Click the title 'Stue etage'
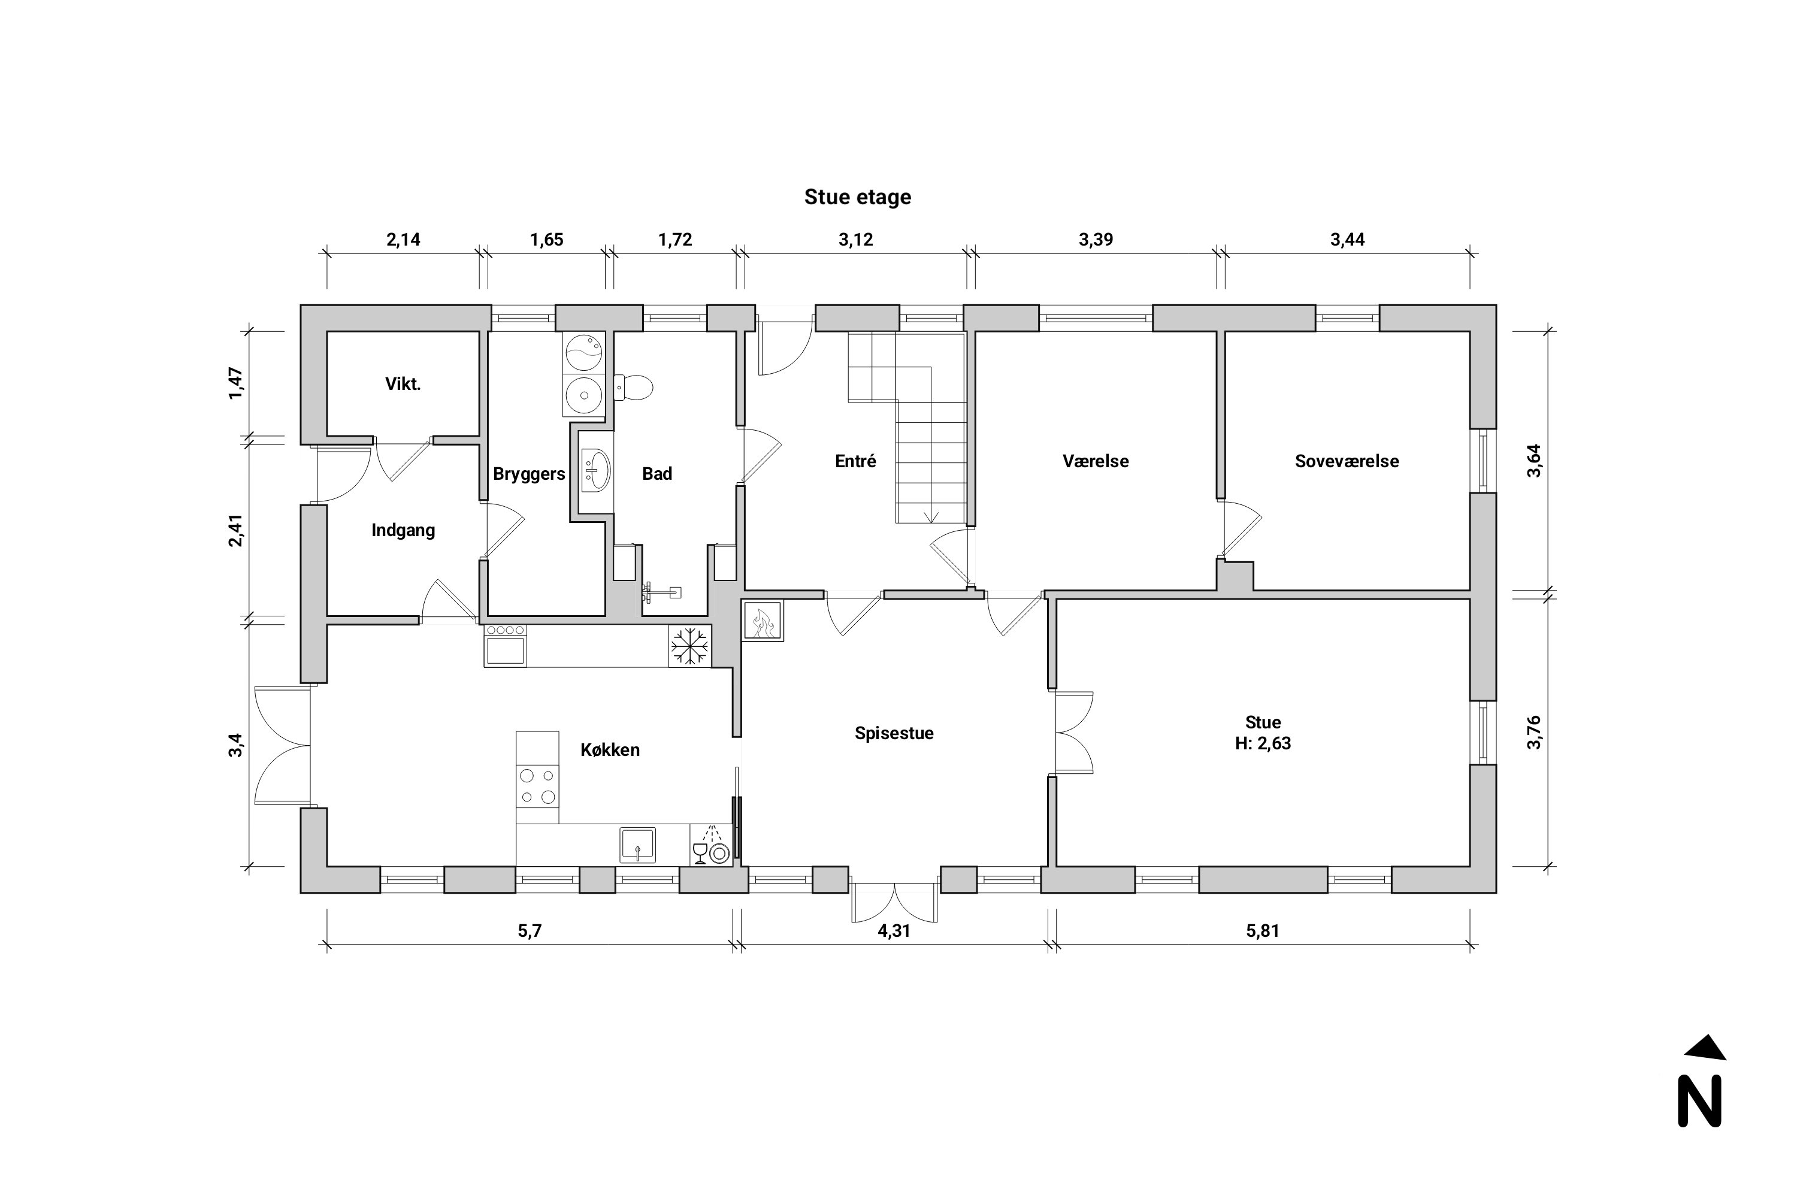(857, 197)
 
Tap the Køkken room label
(610, 749)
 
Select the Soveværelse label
(1346, 461)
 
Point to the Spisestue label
(894, 733)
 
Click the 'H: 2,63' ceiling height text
(1262, 743)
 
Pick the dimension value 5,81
(1262, 931)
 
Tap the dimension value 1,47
(235, 383)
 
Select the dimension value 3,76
(1533, 732)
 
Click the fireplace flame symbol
(763, 621)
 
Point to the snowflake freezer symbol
(690, 646)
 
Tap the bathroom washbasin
(596, 470)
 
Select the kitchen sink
(637, 845)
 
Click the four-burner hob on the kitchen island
(537, 787)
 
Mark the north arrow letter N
(1699, 1101)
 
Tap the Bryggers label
(529, 474)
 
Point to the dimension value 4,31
(894, 931)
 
